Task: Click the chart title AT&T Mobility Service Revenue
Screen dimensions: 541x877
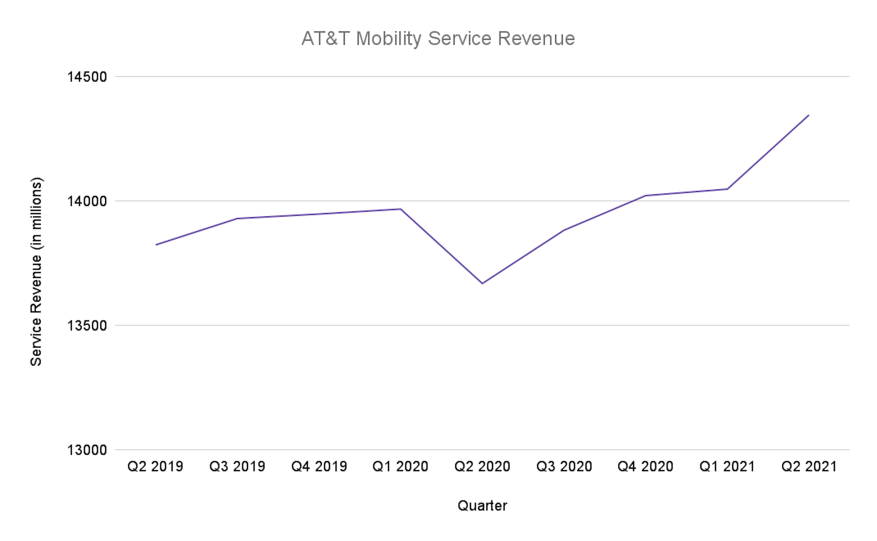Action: pyautogui.click(x=438, y=39)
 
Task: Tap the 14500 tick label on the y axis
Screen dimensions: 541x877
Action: pyautogui.click(x=87, y=77)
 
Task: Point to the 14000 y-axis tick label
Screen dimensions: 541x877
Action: pyautogui.click(x=87, y=201)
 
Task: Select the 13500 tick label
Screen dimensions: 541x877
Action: pyautogui.click(x=87, y=326)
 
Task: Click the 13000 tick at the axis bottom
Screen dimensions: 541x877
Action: pyautogui.click(x=87, y=450)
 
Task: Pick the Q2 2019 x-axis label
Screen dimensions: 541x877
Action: pyautogui.click(x=155, y=466)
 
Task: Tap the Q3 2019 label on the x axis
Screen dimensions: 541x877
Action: pyautogui.click(x=237, y=466)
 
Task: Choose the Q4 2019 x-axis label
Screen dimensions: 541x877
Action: pyautogui.click(x=319, y=466)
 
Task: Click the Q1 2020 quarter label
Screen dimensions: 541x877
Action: pyautogui.click(x=400, y=466)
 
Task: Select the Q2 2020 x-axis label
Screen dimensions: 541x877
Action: pyautogui.click(x=482, y=466)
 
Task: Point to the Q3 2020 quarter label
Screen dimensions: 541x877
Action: pyautogui.click(x=564, y=466)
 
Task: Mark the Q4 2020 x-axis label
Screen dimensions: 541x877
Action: pyautogui.click(x=645, y=466)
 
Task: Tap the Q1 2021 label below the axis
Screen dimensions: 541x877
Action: pyautogui.click(x=727, y=466)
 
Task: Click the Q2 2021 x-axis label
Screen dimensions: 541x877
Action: pyautogui.click(x=809, y=466)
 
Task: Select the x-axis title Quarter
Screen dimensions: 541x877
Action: pyautogui.click(x=482, y=506)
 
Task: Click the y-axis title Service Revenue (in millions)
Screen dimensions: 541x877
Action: pyautogui.click(x=36, y=271)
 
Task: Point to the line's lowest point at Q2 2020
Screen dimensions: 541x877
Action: pyautogui.click(x=482, y=284)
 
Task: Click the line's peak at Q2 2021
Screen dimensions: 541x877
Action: pyautogui.click(x=809, y=115)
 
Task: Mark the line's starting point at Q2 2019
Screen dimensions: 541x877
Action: pyautogui.click(x=156, y=245)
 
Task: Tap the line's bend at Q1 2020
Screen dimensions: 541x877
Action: pyautogui.click(x=400, y=209)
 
